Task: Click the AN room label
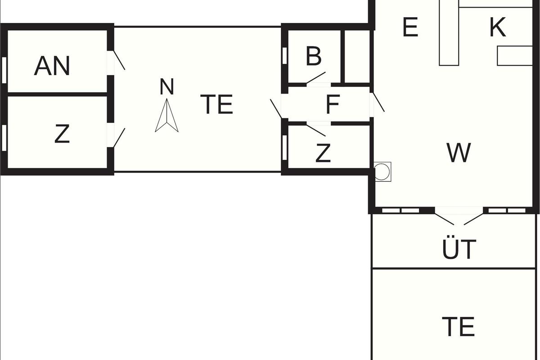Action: pyautogui.click(x=52, y=66)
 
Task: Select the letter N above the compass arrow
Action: pyautogui.click(x=166, y=87)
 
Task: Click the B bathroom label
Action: pyautogui.click(x=314, y=57)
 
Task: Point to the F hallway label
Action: pyautogui.click(x=332, y=105)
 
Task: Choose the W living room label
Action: pyautogui.click(x=459, y=153)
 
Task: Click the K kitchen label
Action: pyautogui.click(x=497, y=28)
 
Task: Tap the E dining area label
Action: pyautogui.click(x=410, y=28)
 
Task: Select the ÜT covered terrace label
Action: pyautogui.click(x=459, y=250)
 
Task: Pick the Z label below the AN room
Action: pyautogui.click(x=62, y=134)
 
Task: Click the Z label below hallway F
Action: pyautogui.click(x=323, y=153)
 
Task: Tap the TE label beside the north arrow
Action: pyautogui.click(x=216, y=104)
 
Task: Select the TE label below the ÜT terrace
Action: pyautogui.click(x=458, y=326)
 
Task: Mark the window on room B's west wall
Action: pyautogui.click(x=284, y=56)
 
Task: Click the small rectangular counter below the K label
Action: pyautogui.click(x=514, y=55)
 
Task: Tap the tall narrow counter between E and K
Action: pyautogui.click(x=449, y=34)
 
